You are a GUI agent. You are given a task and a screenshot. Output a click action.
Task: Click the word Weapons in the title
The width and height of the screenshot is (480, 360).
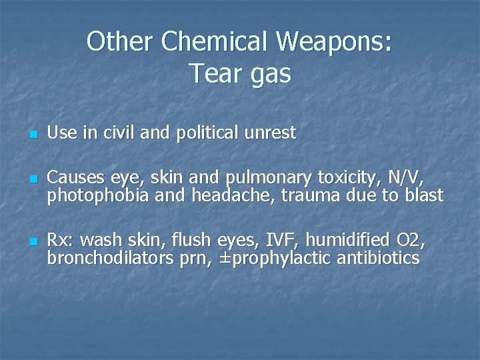point(329,42)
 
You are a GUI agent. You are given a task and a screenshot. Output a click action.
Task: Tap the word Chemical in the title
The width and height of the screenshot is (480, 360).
point(215,42)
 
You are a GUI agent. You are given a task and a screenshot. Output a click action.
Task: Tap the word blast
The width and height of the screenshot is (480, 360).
point(423,195)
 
